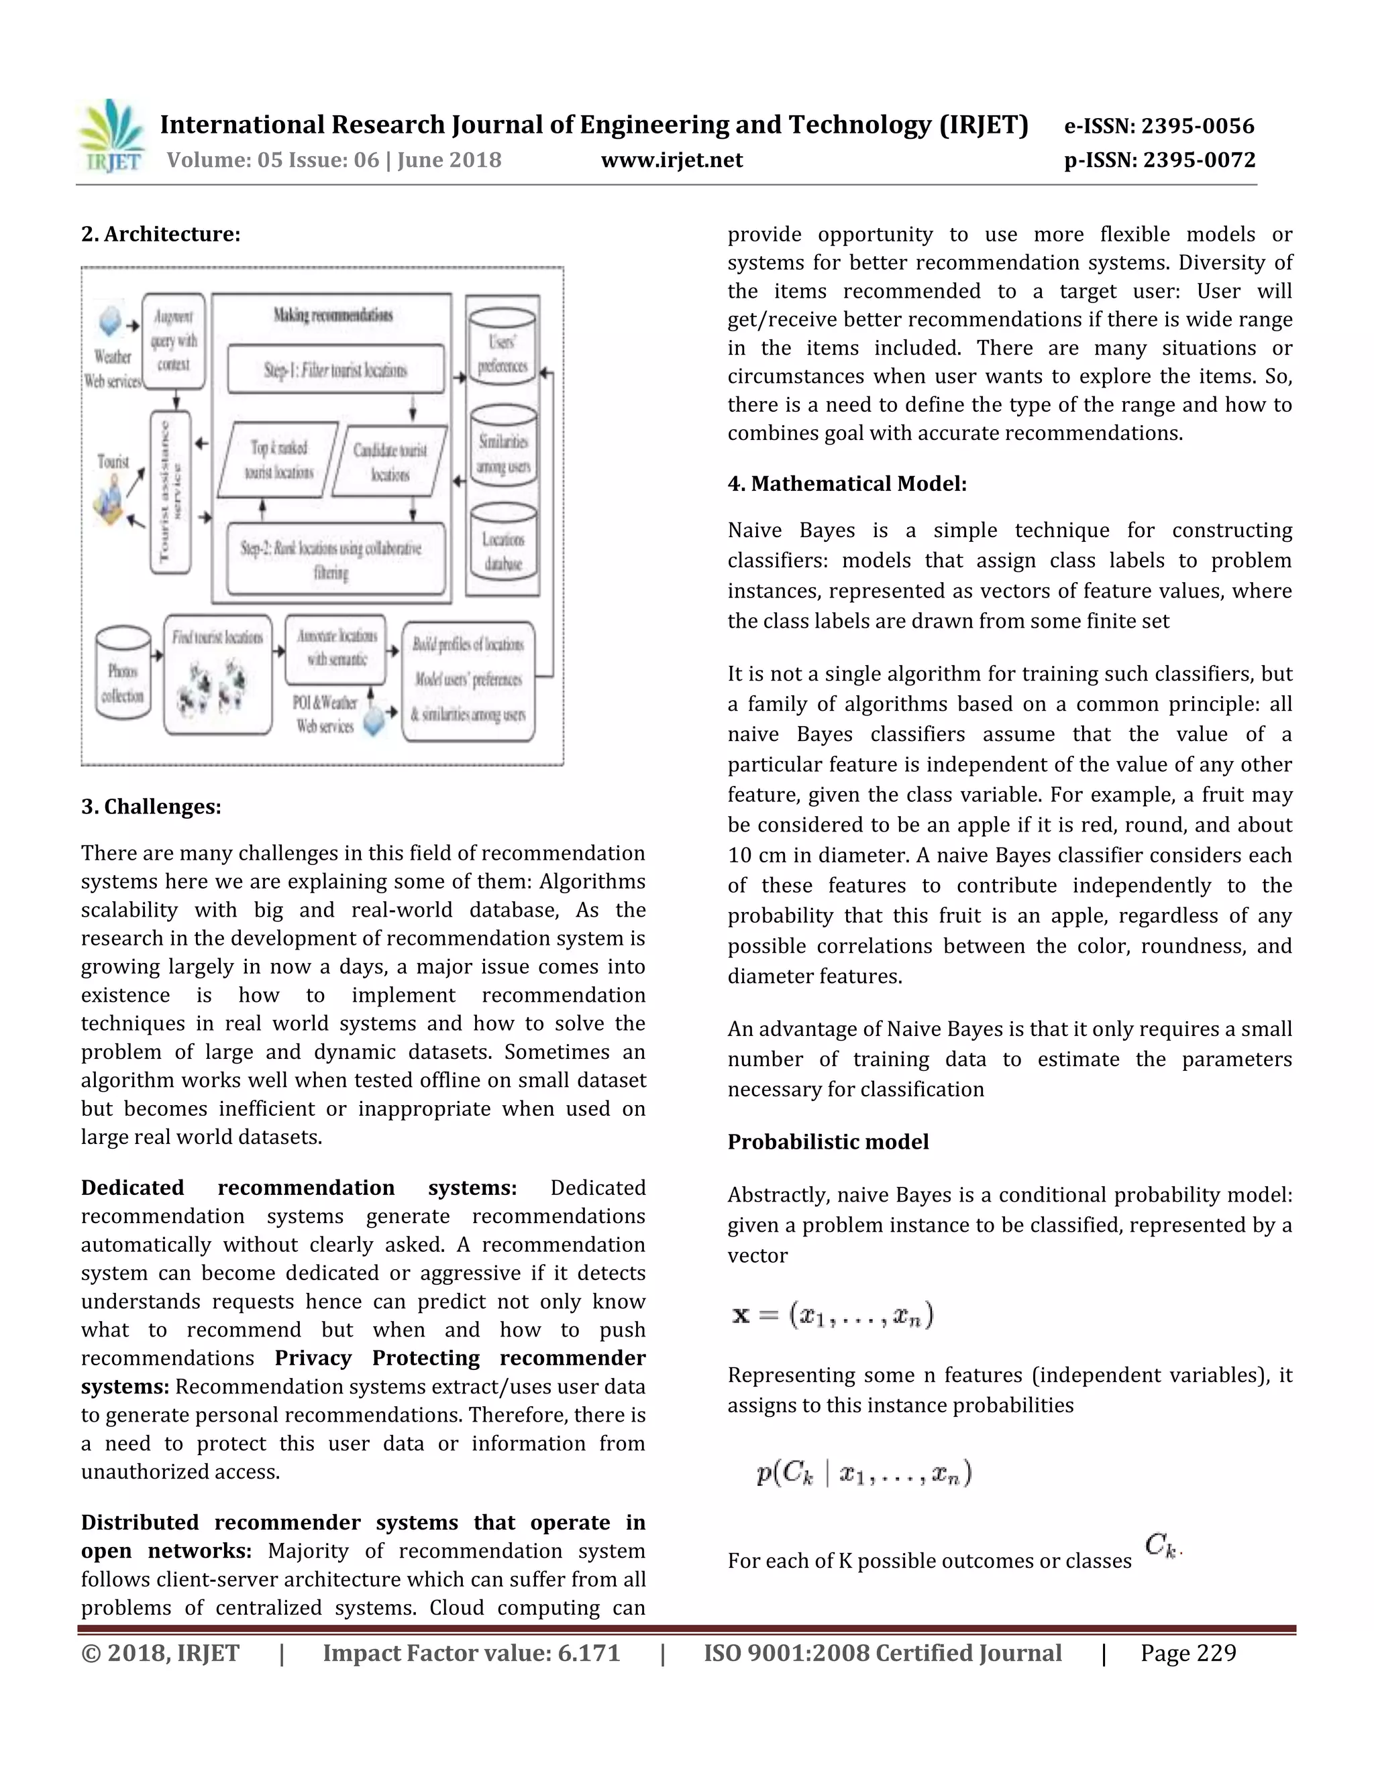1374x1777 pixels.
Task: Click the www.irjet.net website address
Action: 672,160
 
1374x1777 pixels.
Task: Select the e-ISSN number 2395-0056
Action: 1159,126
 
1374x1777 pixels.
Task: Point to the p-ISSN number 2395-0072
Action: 1159,160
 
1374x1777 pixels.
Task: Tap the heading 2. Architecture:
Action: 160,234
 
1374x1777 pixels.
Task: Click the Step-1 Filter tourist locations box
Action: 335,370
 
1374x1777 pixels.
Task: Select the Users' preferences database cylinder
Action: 503,353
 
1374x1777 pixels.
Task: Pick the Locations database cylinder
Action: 503,549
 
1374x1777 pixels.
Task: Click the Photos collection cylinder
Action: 123,673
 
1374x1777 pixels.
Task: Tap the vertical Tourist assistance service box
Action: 170,491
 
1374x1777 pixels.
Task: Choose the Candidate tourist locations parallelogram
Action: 390,461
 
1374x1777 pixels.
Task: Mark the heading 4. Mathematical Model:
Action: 847,484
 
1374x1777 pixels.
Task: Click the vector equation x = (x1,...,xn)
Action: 833,1315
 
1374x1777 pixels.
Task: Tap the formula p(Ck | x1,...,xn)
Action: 863,1473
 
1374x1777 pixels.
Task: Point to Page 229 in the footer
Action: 1187,1654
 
